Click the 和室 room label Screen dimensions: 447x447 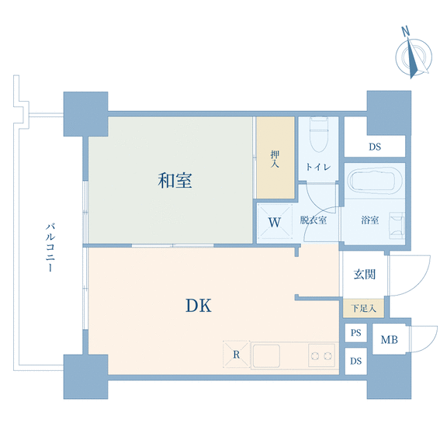[175, 181]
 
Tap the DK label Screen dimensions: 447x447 [199, 306]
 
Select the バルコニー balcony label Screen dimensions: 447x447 [50, 248]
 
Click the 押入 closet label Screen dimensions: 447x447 [275, 159]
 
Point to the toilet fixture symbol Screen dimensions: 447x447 [319, 134]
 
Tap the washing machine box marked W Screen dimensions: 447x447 [275, 223]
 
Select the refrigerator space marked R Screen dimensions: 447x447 [237, 355]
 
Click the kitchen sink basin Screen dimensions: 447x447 [266, 355]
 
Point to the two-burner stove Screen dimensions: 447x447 [321, 355]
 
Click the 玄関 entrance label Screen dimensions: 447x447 [365, 275]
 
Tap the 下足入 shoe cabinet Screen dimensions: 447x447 [363, 308]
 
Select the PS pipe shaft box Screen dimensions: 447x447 [355, 333]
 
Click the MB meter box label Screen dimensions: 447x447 [389, 340]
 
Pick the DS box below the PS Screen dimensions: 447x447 [355, 361]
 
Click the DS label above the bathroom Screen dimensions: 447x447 [375, 147]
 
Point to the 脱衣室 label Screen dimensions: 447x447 [313, 220]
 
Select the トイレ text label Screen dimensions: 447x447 [318, 167]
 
